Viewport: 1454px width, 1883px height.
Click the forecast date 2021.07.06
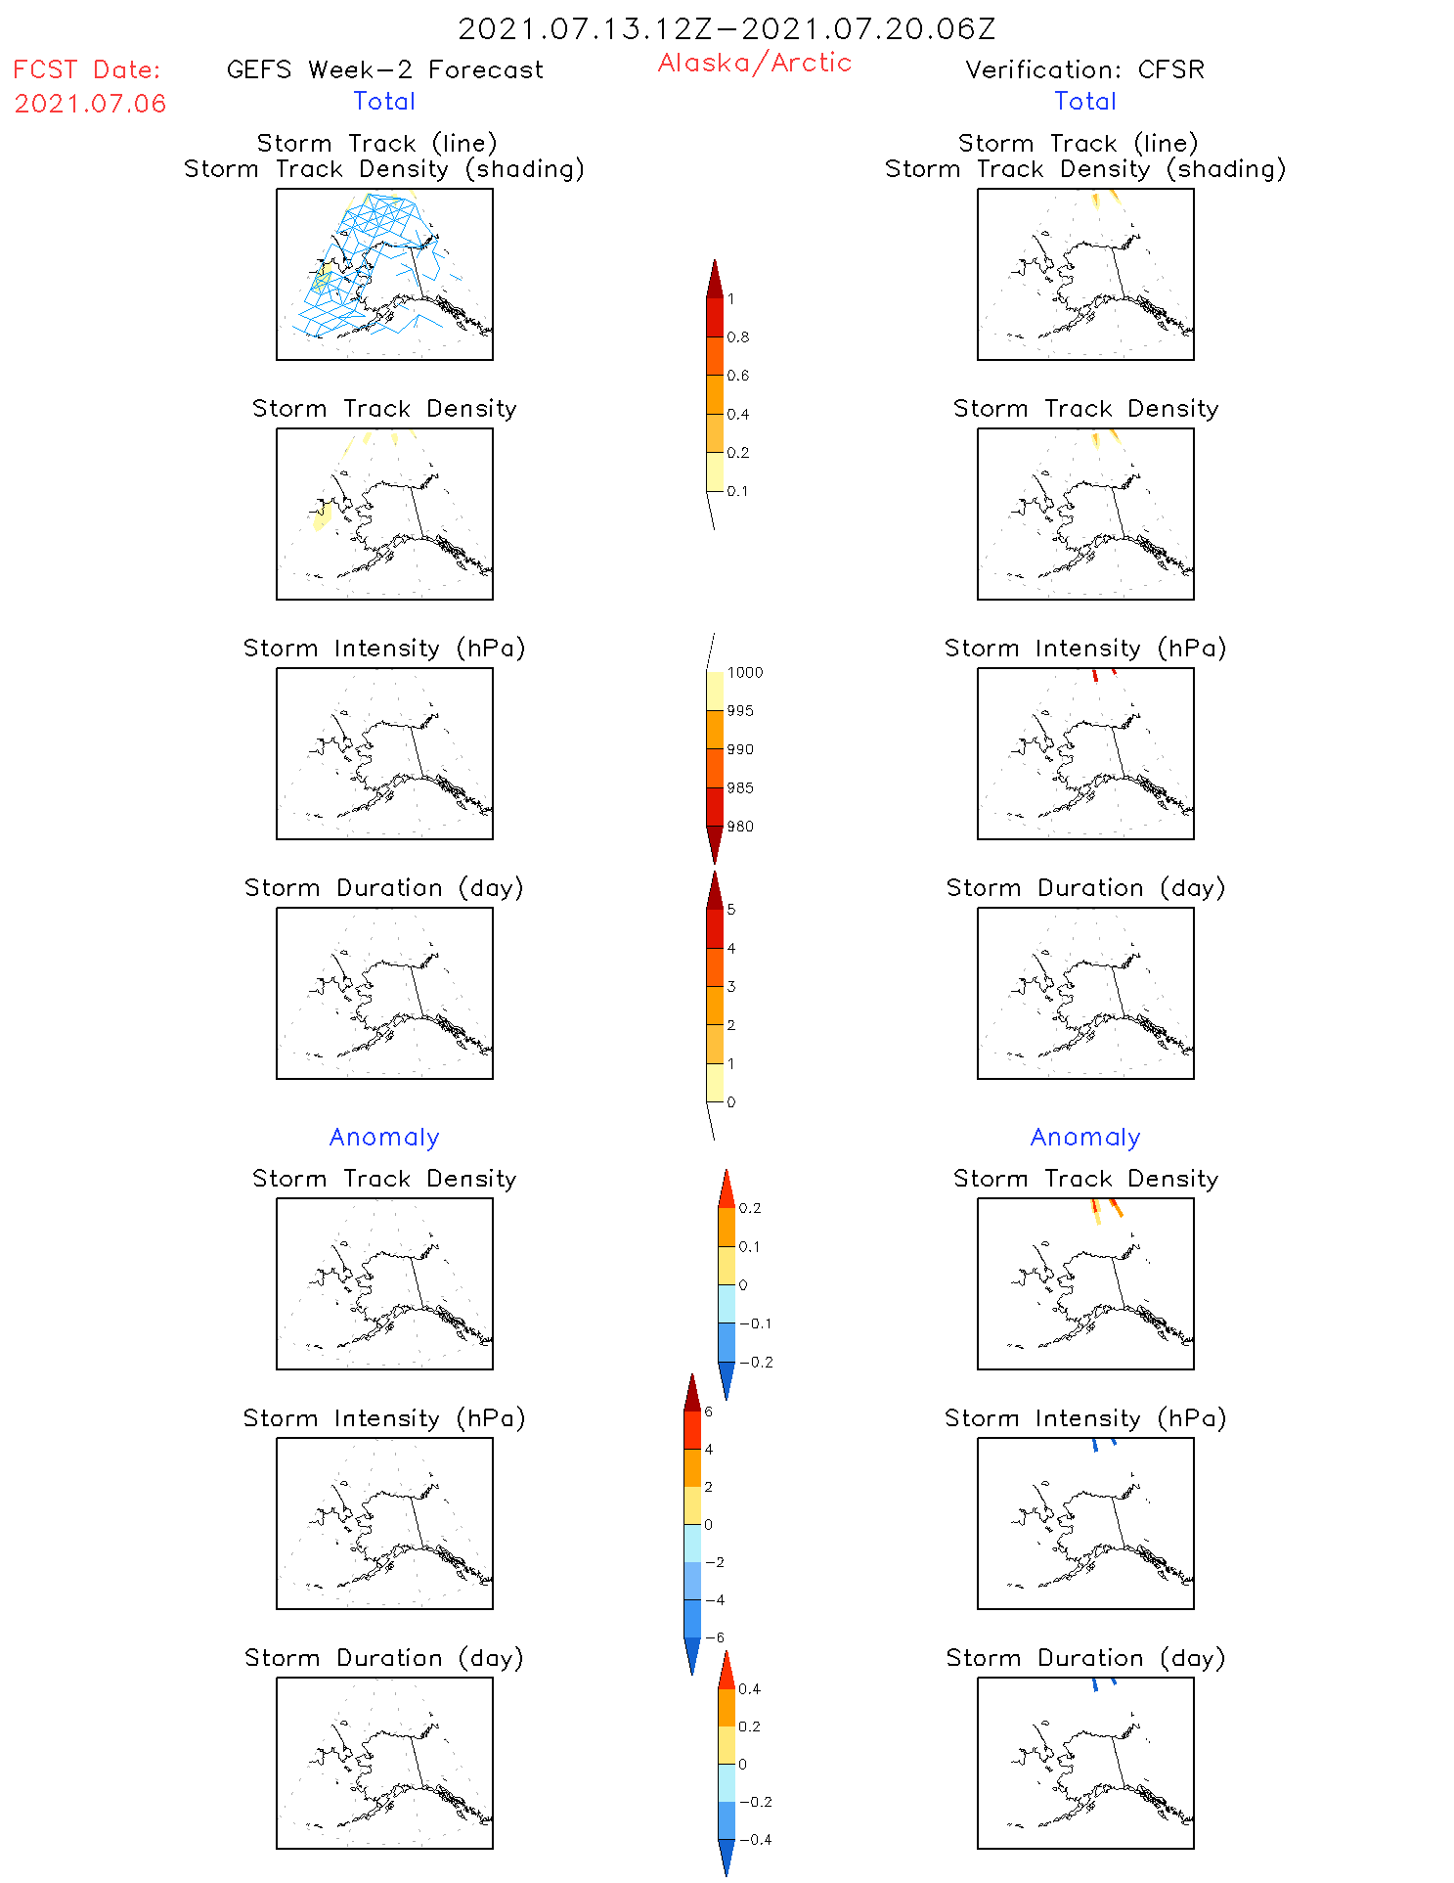(x=90, y=104)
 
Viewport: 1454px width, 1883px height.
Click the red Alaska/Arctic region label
(x=754, y=63)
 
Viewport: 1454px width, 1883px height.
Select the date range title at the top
(x=727, y=28)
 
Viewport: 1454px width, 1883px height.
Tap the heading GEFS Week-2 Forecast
(x=384, y=69)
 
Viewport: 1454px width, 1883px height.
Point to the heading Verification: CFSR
(x=1084, y=69)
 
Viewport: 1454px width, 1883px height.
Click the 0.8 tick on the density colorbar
(x=738, y=337)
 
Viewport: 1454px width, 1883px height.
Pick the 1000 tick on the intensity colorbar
(x=744, y=672)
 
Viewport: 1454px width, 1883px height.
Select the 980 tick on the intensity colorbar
(x=740, y=827)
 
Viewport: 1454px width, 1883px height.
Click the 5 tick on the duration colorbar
(x=731, y=910)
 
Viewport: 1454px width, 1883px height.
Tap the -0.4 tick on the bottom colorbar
(x=755, y=1839)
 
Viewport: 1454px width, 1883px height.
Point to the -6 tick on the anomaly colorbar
(x=715, y=1637)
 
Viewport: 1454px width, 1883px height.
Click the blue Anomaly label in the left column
(x=384, y=1137)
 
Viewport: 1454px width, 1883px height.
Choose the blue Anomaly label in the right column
(x=1085, y=1137)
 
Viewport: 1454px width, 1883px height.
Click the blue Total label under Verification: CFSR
(x=1085, y=101)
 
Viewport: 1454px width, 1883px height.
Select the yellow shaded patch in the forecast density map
(x=322, y=514)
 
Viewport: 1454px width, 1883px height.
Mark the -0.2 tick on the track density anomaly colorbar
(x=756, y=1362)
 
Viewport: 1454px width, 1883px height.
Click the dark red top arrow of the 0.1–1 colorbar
(x=715, y=279)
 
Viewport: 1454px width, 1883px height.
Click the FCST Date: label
(x=87, y=69)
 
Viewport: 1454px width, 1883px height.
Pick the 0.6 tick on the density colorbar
(x=738, y=376)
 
